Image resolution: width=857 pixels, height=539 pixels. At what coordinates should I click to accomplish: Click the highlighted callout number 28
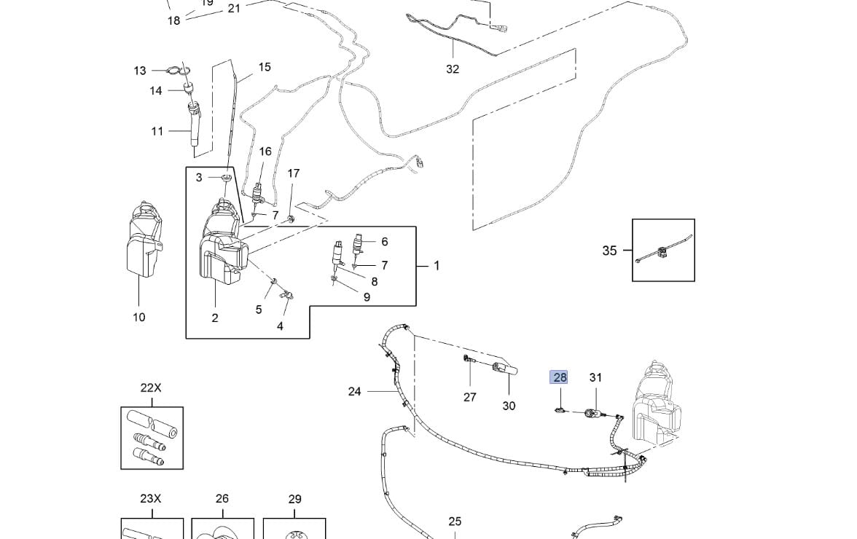pos(560,377)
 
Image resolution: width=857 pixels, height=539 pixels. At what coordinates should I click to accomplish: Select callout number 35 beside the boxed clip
pos(609,251)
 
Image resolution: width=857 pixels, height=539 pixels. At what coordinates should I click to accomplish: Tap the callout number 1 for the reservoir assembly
pos(437,266)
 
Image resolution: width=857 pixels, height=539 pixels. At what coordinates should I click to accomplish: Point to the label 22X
pos(151,388)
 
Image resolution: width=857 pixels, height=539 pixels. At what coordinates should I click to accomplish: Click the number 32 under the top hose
pos(453,69)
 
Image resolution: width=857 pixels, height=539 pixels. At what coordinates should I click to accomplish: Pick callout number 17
pos(293,173)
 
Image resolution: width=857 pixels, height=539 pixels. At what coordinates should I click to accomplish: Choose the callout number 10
pos(138,317)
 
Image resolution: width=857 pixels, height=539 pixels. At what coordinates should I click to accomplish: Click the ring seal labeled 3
pos(227,178)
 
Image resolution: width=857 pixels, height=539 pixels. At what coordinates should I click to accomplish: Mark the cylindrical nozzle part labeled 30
pos(504,370)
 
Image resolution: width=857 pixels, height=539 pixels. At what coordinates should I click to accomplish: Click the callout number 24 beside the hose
pos(354,392)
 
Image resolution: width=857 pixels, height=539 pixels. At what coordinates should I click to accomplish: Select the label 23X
pos(150,499)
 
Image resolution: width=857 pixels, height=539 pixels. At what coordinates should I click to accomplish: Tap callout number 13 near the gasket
pos(140,71)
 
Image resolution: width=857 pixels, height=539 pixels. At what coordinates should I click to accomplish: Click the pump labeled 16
pos(258,195)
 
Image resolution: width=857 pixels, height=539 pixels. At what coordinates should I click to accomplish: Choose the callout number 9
pos(367,297)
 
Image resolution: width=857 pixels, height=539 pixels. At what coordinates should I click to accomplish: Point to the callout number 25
pos(455,522)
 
